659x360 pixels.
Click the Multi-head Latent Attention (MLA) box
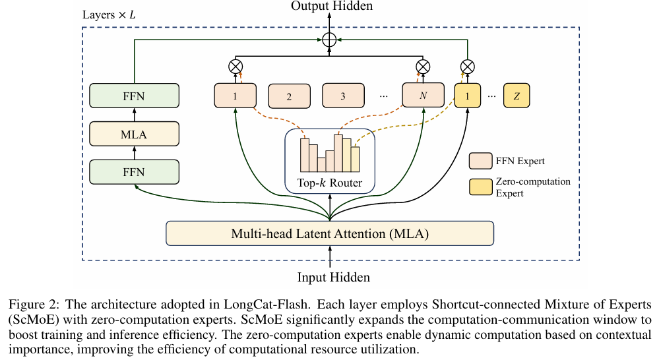coord(329,233)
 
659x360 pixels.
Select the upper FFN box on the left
coord(134,96)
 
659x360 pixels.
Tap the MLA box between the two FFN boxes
coord(134,135)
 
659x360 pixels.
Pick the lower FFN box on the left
coord(134,172)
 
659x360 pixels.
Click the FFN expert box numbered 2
coord(289,96)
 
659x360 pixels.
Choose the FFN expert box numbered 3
coord(343,96)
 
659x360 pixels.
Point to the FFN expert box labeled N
coord(424,96)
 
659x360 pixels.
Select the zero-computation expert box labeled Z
coord(517,96)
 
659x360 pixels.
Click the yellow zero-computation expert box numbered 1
coord(468,96)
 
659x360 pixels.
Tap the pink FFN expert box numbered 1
coord(235,96)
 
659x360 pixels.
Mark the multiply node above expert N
coord(423,66)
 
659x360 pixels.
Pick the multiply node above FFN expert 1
coord(235,66)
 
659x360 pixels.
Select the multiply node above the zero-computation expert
coord(467,66)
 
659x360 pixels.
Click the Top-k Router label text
coord(329,183)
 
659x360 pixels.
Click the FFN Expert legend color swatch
coord(481,160)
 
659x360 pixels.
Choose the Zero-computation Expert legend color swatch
coord(481,187)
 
